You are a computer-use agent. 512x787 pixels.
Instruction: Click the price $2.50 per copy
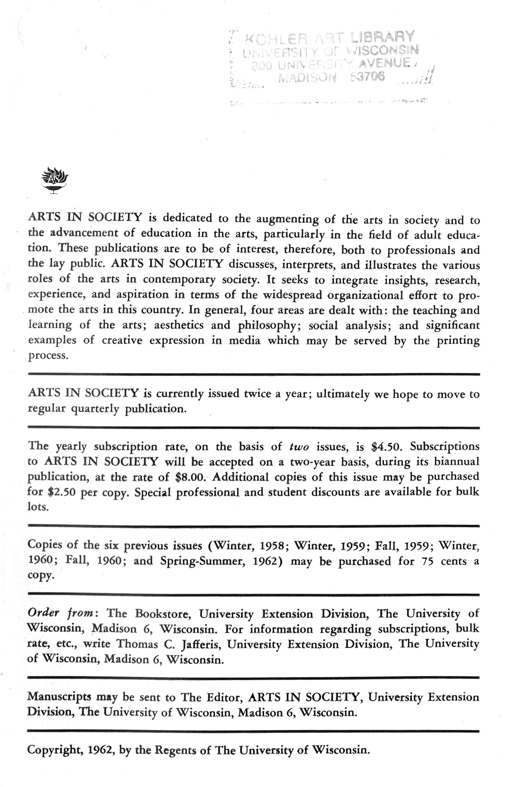[62, 492]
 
